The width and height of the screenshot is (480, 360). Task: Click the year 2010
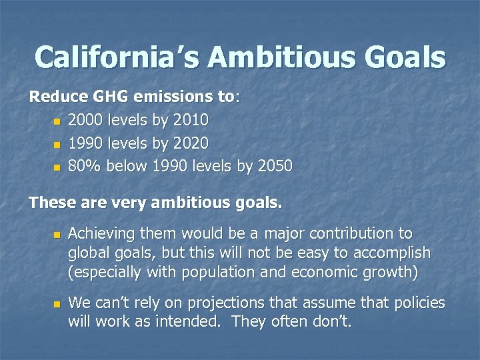(191, 121)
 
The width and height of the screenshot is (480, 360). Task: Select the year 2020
(191, 143)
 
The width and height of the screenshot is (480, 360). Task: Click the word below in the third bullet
(126, 166)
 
